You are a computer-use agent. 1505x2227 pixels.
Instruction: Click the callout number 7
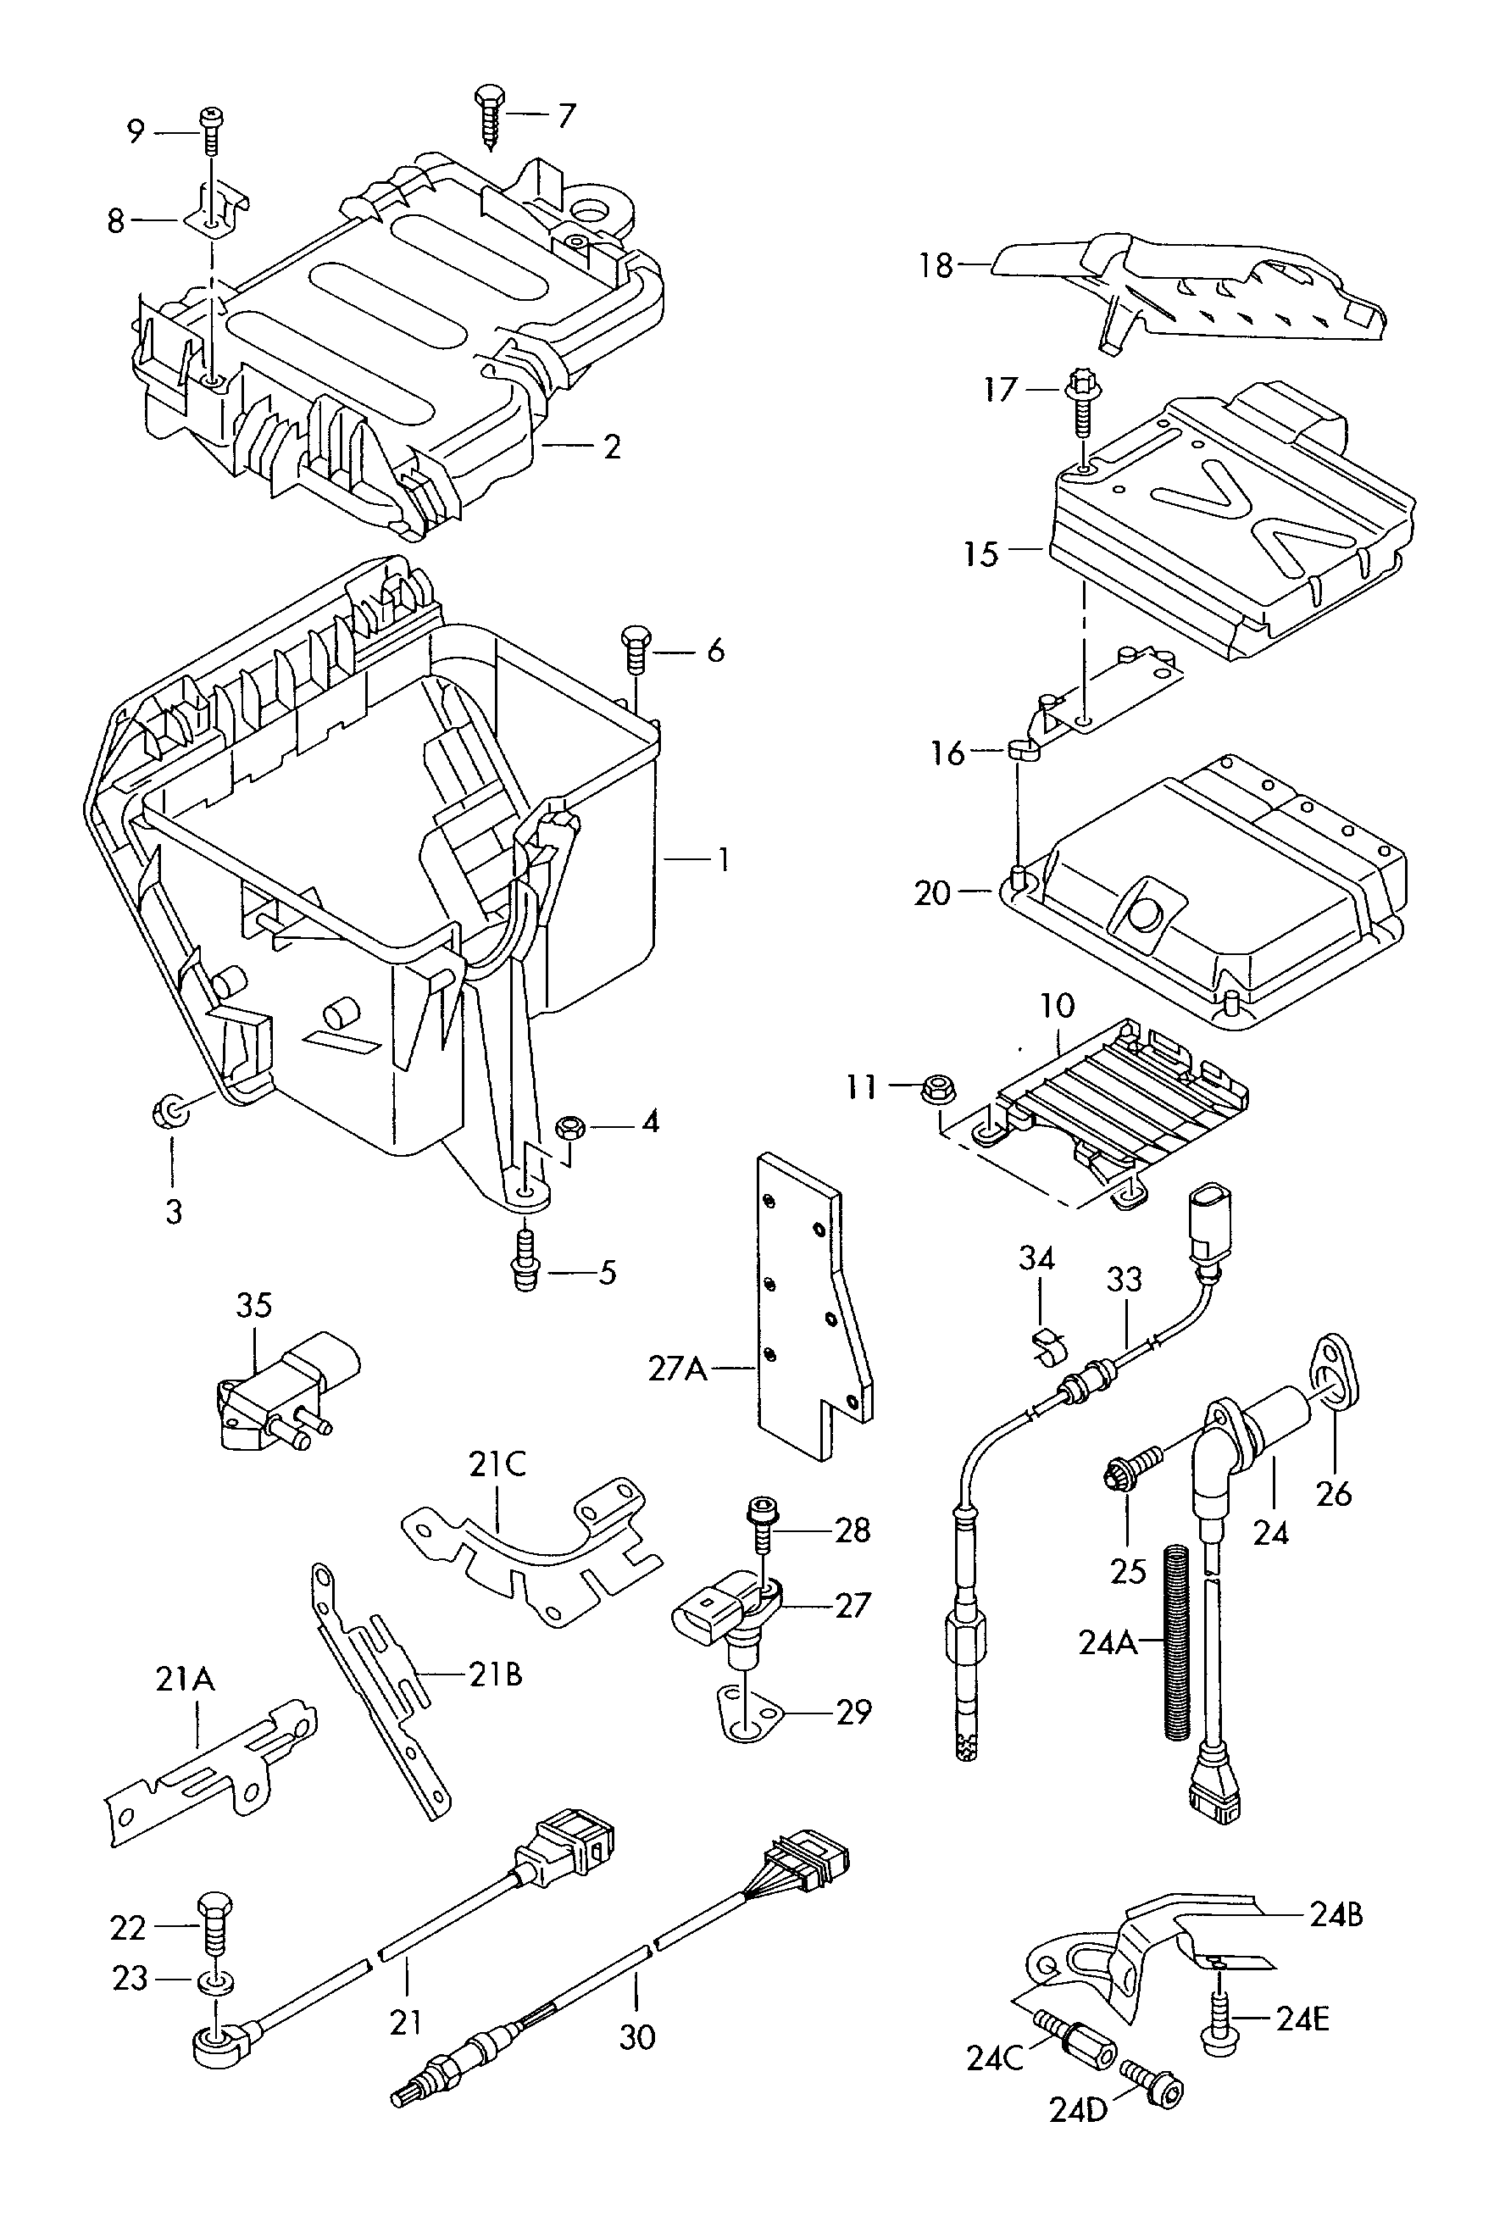(x=566, y=116)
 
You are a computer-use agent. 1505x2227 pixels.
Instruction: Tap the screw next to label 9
(x=211, y=131)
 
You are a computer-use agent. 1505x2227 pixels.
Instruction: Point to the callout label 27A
(x=677, y=1369)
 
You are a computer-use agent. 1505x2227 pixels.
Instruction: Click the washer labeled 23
(x=214, y=1979)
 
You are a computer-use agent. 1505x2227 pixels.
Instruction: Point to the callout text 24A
(x=1107, y=1642)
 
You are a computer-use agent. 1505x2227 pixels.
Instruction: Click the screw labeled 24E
(x=1217, y=2022)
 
